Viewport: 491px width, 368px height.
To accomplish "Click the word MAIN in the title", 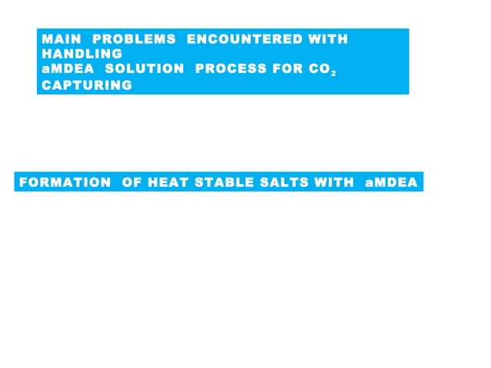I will click(x=61, y=38).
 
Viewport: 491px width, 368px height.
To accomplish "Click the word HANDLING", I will click(x=82, y=54).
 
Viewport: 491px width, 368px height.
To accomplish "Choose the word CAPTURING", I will click(x=87, y=85).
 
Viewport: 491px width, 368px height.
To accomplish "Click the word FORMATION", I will click(x=65, y=182).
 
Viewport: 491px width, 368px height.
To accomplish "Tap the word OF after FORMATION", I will click(x=132, y=182).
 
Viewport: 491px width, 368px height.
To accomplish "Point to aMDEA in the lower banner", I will click(x=392, y=182).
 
